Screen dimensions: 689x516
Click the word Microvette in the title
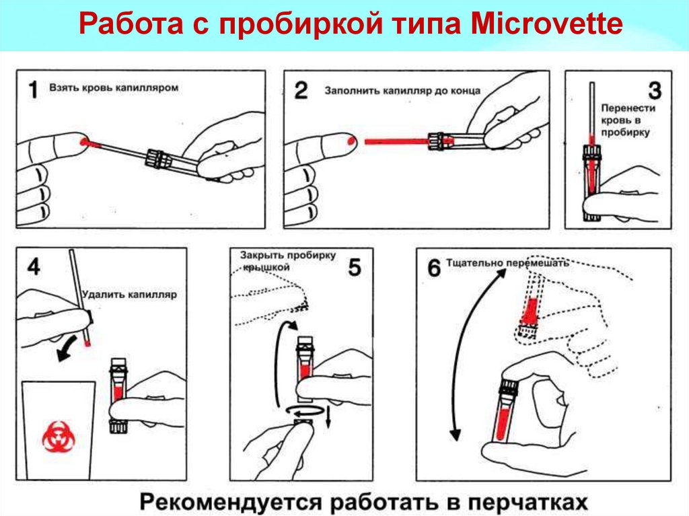[546, 24]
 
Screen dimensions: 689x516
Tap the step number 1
[34, 89]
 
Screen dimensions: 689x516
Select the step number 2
[301, 91]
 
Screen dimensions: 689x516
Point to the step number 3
[655, 91]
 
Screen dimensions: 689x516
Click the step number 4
[34, 267]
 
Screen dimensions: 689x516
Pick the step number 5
[354, 267]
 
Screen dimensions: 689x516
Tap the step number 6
[434, 268]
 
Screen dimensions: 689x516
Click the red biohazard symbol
[59, 437]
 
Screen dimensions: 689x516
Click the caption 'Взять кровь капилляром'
[114, 87]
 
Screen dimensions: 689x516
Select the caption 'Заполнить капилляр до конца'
[402, 91]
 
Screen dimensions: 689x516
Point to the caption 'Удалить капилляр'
[130, 295]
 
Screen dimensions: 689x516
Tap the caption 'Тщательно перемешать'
[507, 263]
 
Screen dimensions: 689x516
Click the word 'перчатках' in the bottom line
[525, 502]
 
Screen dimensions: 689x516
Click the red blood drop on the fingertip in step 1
[83, 141]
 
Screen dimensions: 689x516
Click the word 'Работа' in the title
[131, 24]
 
